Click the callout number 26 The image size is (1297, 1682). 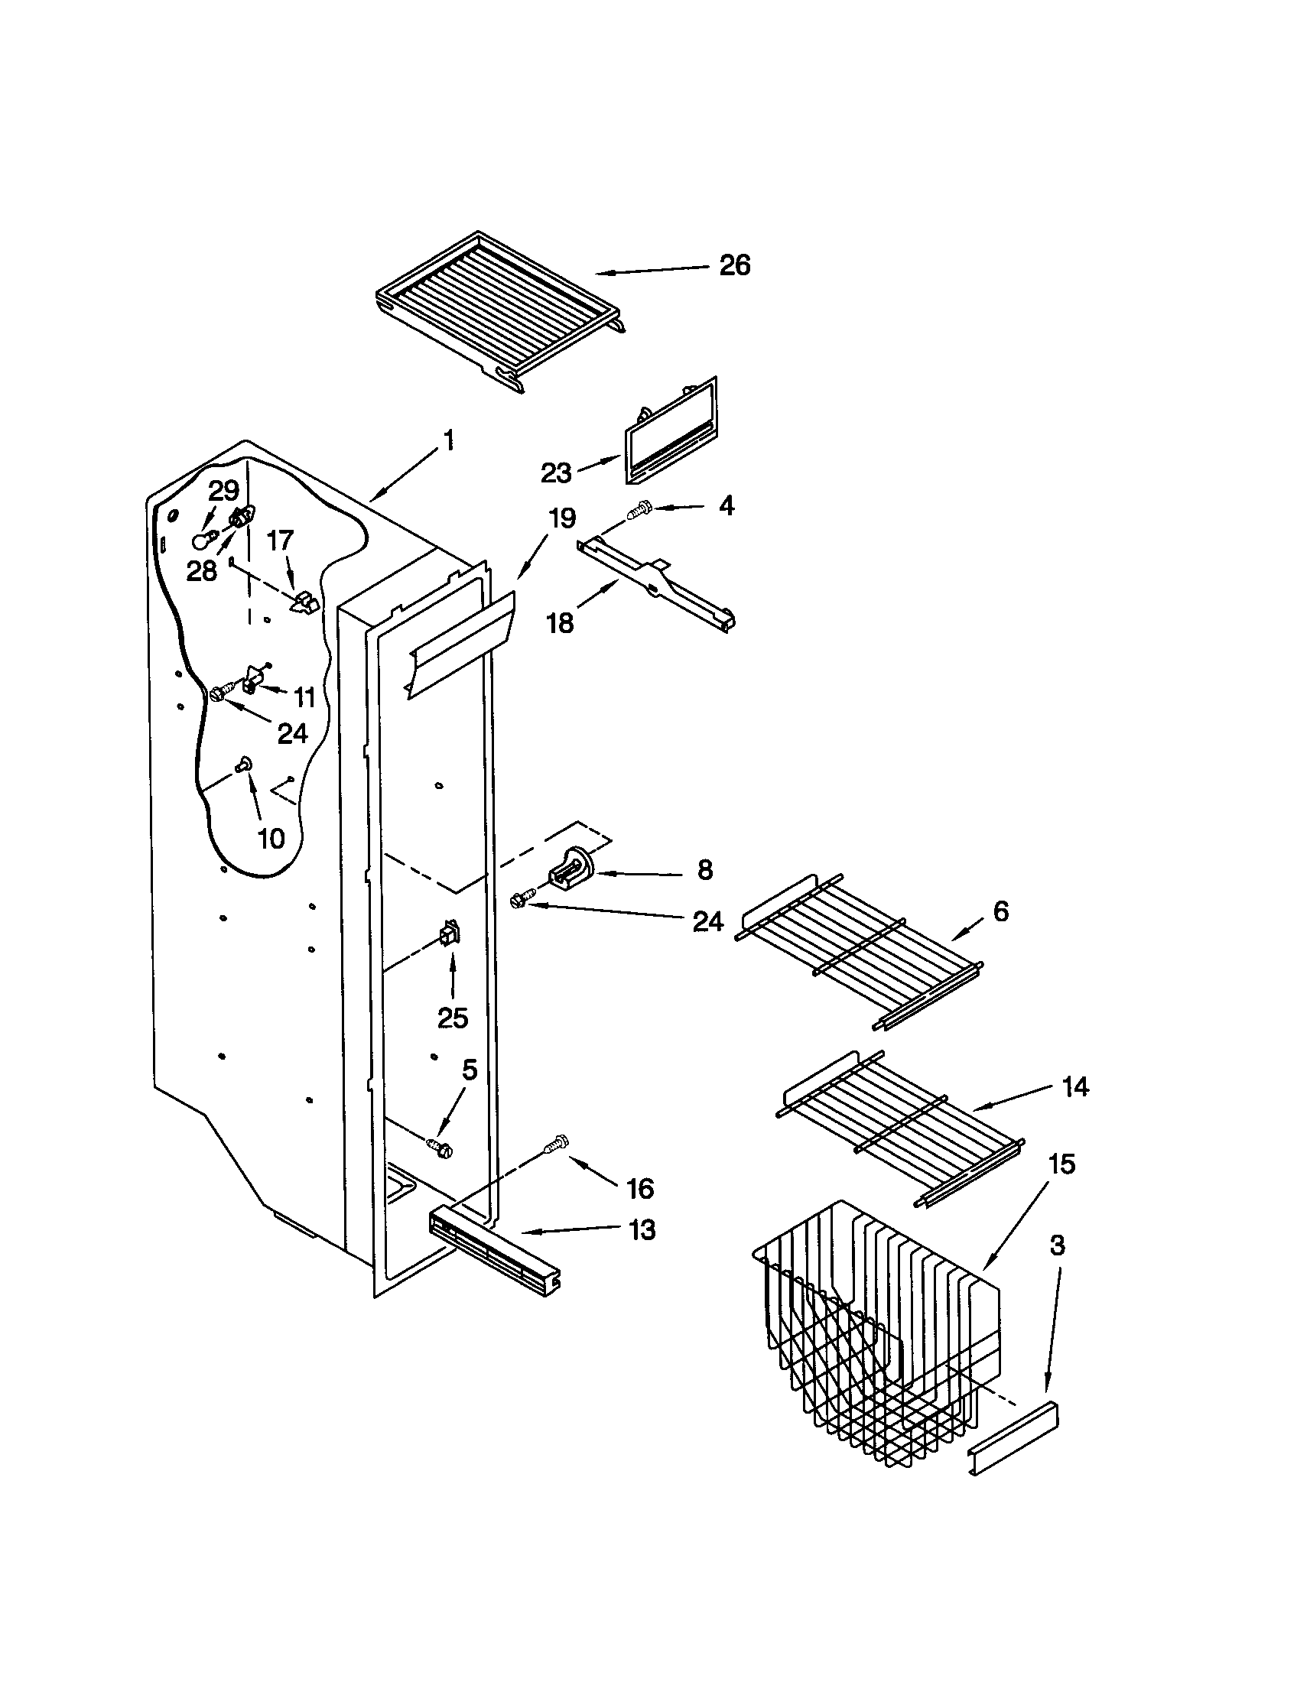click(x=734, y=265)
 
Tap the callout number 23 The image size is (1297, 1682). click(x=555, y=472)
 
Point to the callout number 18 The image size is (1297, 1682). click(x=560, y=622)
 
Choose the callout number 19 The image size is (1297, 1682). click(x=562, y=518)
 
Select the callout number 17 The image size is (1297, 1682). click(x=280, y=541)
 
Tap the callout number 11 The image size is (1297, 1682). click(x=305, y=698)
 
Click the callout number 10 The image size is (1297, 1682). click(x=271, y=839)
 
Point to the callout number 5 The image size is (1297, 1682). click(x=469, y=1069)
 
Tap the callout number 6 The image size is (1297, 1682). click(x=1000, y=911)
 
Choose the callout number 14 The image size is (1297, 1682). click(x=1075, y=1086)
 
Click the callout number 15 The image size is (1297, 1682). click(x=1061, y=1164)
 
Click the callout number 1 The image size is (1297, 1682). click(x=448, y=440)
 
